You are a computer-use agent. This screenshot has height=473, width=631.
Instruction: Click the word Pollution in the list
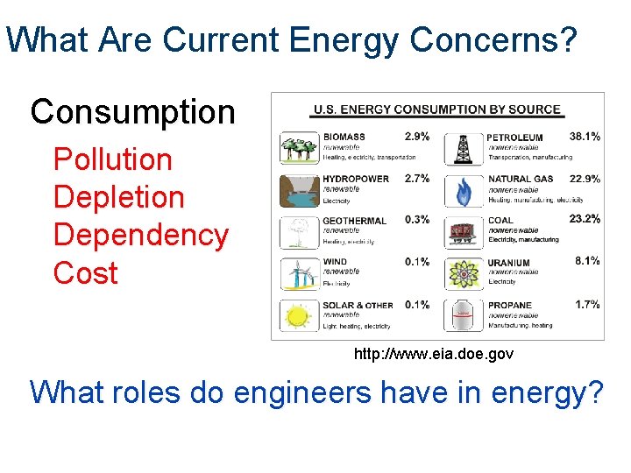pos(112,159)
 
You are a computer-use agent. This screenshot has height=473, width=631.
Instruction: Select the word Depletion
pos(118,197)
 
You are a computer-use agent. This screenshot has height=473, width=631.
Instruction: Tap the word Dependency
pos(140,235)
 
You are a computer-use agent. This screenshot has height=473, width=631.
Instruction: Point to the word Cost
pos(85,272)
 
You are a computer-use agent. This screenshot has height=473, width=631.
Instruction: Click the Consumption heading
pos(132,112)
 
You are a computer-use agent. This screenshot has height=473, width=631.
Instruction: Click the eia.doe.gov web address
pos(433,355)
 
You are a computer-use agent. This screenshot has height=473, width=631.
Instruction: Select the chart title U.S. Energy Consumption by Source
pos(436,109)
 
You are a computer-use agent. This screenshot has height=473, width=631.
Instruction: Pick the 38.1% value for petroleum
pos(585,137)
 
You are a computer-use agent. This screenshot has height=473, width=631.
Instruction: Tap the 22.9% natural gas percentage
pos(585,178)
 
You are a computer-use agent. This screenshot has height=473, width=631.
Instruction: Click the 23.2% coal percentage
pos(585,219)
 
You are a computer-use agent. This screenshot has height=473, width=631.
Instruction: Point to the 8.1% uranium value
pos(587,260)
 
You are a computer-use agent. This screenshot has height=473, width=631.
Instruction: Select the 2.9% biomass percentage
pos(417,137)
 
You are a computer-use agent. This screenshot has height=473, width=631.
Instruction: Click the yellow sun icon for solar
pos(298,314)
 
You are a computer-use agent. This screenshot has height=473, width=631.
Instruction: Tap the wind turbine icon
pos(298,273)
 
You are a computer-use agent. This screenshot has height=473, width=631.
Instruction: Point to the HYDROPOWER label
pos(356,179)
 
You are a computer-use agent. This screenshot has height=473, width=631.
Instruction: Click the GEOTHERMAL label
pos(355,221)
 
